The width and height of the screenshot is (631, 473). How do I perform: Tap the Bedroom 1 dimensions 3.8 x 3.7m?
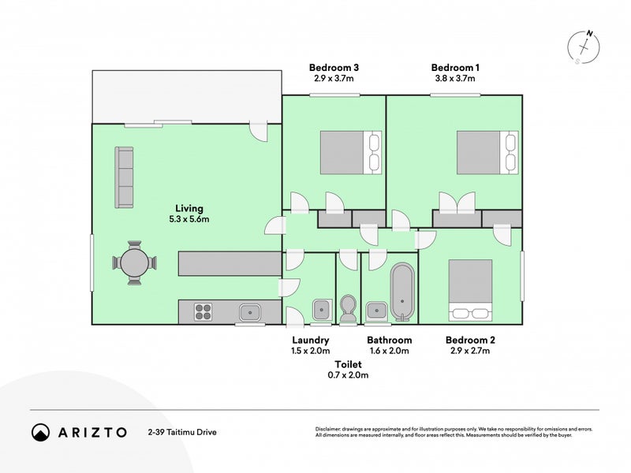click(x=455, y=79)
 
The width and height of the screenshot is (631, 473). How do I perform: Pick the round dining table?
click(x=135, y=263)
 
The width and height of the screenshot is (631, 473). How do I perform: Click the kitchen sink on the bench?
click(x=251, y=311)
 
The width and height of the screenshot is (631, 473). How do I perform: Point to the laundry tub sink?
click(x=321, y=310)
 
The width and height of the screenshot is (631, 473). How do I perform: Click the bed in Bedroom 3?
click(x=350, y=152)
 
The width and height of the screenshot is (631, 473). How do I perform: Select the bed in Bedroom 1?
click(x=487, y=152)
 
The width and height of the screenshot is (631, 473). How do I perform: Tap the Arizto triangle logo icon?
click(x=40, y=432)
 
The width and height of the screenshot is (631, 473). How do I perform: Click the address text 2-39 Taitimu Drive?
click(x=181, y=432)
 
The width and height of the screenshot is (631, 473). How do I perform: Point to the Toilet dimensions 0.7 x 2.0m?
click(x=348, y=375)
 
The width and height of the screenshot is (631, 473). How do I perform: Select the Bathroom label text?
click(x=389, y=341)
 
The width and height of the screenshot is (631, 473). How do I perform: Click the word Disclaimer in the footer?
click(x=332, y=429)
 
